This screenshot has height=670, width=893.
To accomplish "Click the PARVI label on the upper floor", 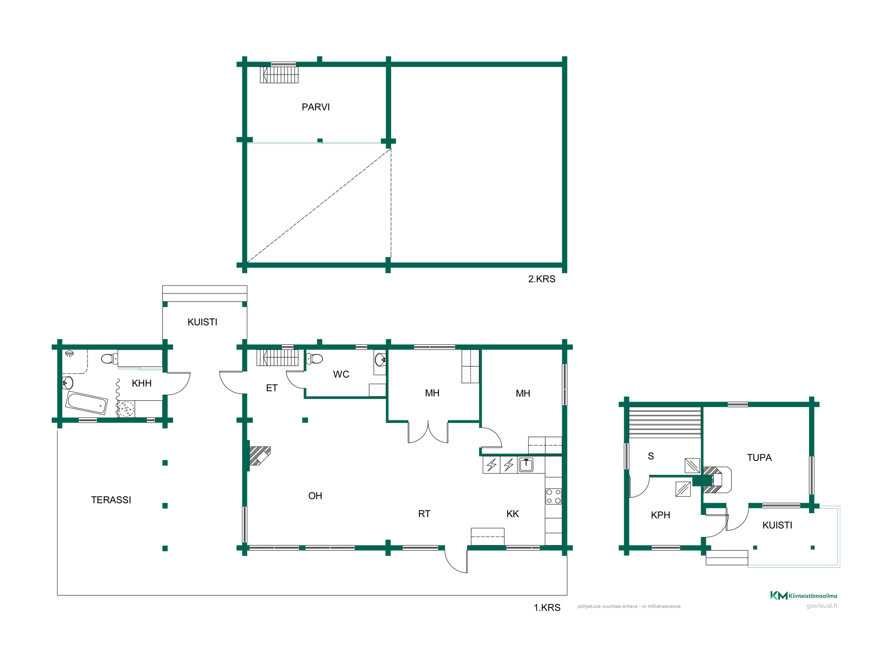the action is tap(316, 107).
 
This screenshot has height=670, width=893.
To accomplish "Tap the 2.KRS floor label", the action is tap(542, 279).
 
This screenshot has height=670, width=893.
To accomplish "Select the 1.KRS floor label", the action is tap(547, 607).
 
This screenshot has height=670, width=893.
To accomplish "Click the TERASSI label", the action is tap(111, 500).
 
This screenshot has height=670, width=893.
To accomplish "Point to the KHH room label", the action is tap(142, 383).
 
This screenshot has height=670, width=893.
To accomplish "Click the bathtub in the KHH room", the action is tap(87, 403).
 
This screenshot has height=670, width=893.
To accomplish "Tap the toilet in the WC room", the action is tap(315, 359).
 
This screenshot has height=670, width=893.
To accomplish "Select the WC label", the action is tap(341, 374).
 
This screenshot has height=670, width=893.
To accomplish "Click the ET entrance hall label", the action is tap(272, 388).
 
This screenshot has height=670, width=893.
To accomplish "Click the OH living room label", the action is tap(315, 496).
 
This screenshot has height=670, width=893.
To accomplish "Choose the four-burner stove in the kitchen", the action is tap(554, 496).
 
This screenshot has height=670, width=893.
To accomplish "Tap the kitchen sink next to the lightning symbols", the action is tap(526, 465).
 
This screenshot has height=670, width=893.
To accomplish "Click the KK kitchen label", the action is tap(513, 514).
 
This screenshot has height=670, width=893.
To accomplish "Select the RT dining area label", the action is tap(424, 514).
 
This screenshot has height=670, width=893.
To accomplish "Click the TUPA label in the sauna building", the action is tap(759, 457).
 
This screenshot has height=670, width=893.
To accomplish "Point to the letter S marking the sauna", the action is tap(651, 456).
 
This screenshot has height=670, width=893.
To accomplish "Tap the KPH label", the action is tap(660, 515).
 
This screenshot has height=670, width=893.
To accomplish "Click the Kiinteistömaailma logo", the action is tap(804, 595).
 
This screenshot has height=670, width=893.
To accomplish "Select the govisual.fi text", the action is tap(822, 606).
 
